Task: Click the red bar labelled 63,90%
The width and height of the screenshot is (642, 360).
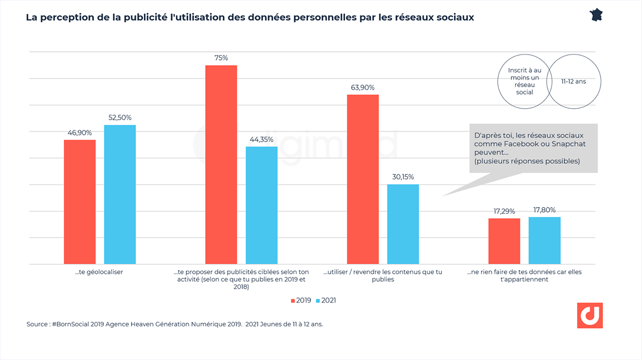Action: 363,179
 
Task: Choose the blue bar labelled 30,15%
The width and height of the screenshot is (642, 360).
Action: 403,224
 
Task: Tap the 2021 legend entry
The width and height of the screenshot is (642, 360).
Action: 326,300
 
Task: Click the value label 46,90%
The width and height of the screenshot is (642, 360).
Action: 79,133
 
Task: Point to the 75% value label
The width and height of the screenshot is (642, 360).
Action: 221,58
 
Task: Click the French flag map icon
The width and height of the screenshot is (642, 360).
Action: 597,14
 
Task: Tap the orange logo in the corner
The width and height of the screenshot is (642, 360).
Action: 590,316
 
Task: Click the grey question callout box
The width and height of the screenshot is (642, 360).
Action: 533,148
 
